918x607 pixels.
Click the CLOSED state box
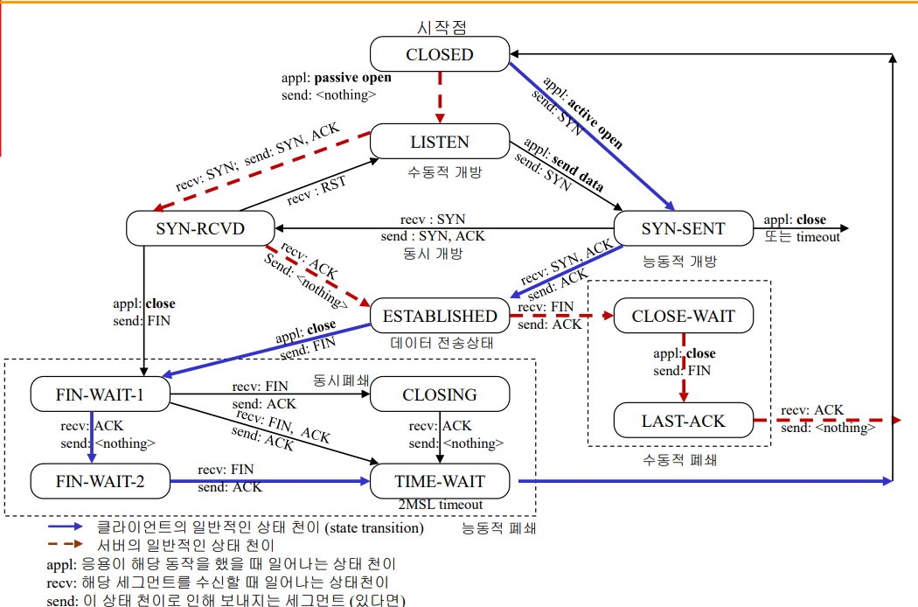tap(439, 54)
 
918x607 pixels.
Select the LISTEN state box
tap(439, 142)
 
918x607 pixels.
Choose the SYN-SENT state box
tap(683, 228)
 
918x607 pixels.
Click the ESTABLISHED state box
tap(439, 316)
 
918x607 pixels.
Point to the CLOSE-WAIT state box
tap(683, 316)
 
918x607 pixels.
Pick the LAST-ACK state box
tap(683, 421)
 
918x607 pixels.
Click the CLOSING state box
tap(439, 394)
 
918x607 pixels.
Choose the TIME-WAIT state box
tap(439, 480)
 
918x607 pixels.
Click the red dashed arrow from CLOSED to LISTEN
tap(439, 97)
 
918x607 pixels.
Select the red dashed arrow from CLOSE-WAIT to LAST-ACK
tap(684, 367)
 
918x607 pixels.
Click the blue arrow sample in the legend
tap(66, 527)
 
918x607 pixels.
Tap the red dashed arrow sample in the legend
tap(66, 545)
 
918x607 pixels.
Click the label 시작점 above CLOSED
tap(440, 28)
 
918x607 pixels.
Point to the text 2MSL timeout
tap(439, 505)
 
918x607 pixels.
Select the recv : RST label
tap(315, 191)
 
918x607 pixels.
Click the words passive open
tap(352, 77)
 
